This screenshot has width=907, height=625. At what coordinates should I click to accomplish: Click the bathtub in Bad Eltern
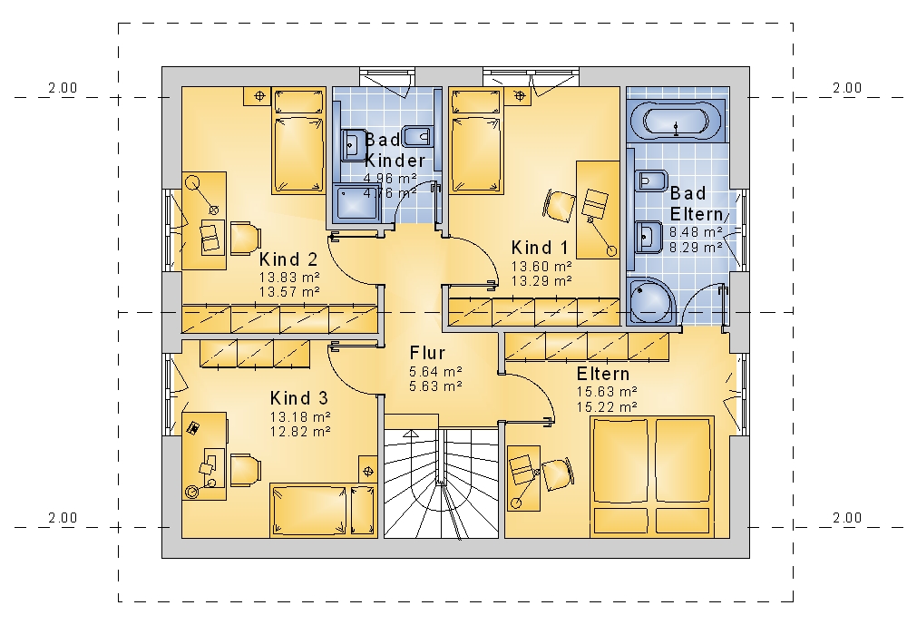(676, 121)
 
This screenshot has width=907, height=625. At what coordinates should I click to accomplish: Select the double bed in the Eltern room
(652, 476)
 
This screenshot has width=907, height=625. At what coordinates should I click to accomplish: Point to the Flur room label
(427, 353)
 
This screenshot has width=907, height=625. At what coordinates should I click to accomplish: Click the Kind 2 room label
(288, 259)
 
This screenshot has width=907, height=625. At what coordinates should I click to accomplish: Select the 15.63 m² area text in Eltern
(607, 391)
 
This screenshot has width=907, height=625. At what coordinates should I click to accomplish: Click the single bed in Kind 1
(475, 140)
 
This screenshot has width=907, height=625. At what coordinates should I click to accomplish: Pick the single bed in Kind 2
(298, 141)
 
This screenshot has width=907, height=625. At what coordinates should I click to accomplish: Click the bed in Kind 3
(324, 511)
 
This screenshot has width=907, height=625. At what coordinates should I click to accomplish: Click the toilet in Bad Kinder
(416, 137)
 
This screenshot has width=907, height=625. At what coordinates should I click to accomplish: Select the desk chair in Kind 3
(245, 470)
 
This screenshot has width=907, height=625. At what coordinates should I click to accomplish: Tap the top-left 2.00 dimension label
(63, 88)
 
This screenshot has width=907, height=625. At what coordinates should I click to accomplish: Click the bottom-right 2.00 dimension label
(847, 518)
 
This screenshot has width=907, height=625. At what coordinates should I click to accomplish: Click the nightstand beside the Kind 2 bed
(259, 96)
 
